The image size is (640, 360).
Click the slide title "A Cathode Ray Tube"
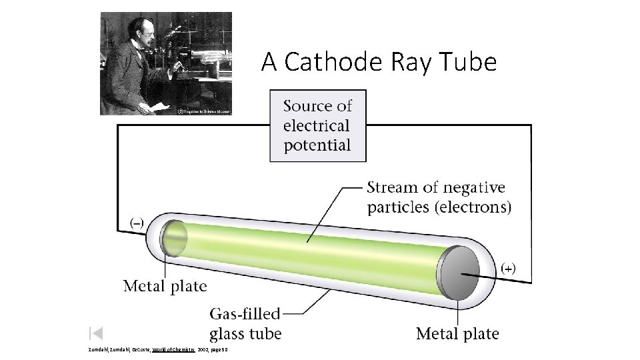[379, 62]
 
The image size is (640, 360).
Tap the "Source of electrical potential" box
[317, 125]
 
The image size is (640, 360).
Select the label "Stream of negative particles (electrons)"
[439, 197]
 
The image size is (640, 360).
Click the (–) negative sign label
[135, 221]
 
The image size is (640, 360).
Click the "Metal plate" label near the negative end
[165, 287]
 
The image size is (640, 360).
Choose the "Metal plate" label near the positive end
[457, 333]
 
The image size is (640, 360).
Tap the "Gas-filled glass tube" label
[245, 323]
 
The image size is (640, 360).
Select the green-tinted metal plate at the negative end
[174, 237]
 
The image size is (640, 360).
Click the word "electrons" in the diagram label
[473, 207]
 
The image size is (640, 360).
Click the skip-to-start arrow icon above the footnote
[95, 333]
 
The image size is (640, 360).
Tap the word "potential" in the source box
[317, 145]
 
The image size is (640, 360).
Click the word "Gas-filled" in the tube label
[245, 314]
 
